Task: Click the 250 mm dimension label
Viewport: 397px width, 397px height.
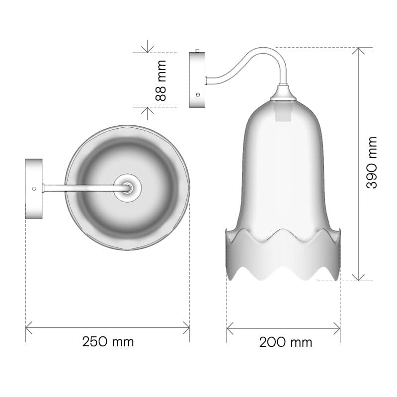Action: tap(108, 342)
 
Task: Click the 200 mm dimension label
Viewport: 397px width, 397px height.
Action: tap(286, 342)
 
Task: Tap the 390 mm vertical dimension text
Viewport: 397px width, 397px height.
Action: tap(372, 162)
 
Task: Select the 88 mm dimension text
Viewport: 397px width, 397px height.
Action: tap(160, 80)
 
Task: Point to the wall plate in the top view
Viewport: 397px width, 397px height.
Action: tap(34, 189)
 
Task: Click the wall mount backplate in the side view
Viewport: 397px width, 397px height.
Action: tap(197, 80)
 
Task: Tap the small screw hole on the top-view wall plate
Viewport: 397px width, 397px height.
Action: tap(34, 189)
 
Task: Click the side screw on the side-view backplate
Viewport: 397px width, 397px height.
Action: tap(198, 95)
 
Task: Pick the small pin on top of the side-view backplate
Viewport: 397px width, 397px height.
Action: tap(198, 51)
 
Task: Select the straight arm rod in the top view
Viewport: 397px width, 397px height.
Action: tap(86, 188)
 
